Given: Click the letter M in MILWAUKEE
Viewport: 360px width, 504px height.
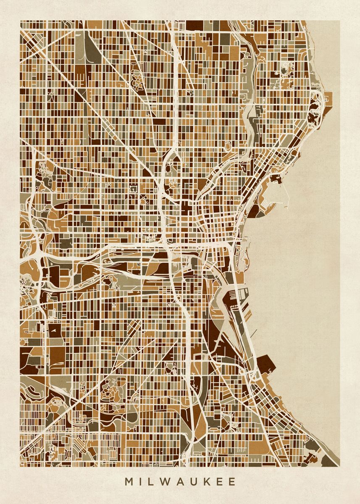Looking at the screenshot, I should coord(129,482).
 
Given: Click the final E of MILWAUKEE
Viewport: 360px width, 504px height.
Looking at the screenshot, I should coord(232,482).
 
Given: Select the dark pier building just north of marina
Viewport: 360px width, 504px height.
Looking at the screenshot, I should coord(277,179).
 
